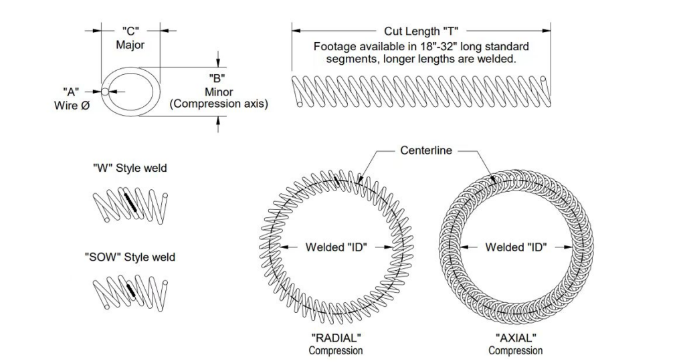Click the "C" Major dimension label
pyautogui.click(x=130, y=38)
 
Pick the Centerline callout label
pyautogui.click(x=426, y=150)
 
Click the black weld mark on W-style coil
pyautogui.click(x=130, y=201)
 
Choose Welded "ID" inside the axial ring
pyautogui.click(x=516, y=247)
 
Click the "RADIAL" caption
pyautogui.click(x=336, y=338)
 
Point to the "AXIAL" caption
pyautogui.click(x=516, y=338)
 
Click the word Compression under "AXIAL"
pyautogui.click(x=516, y=350)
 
